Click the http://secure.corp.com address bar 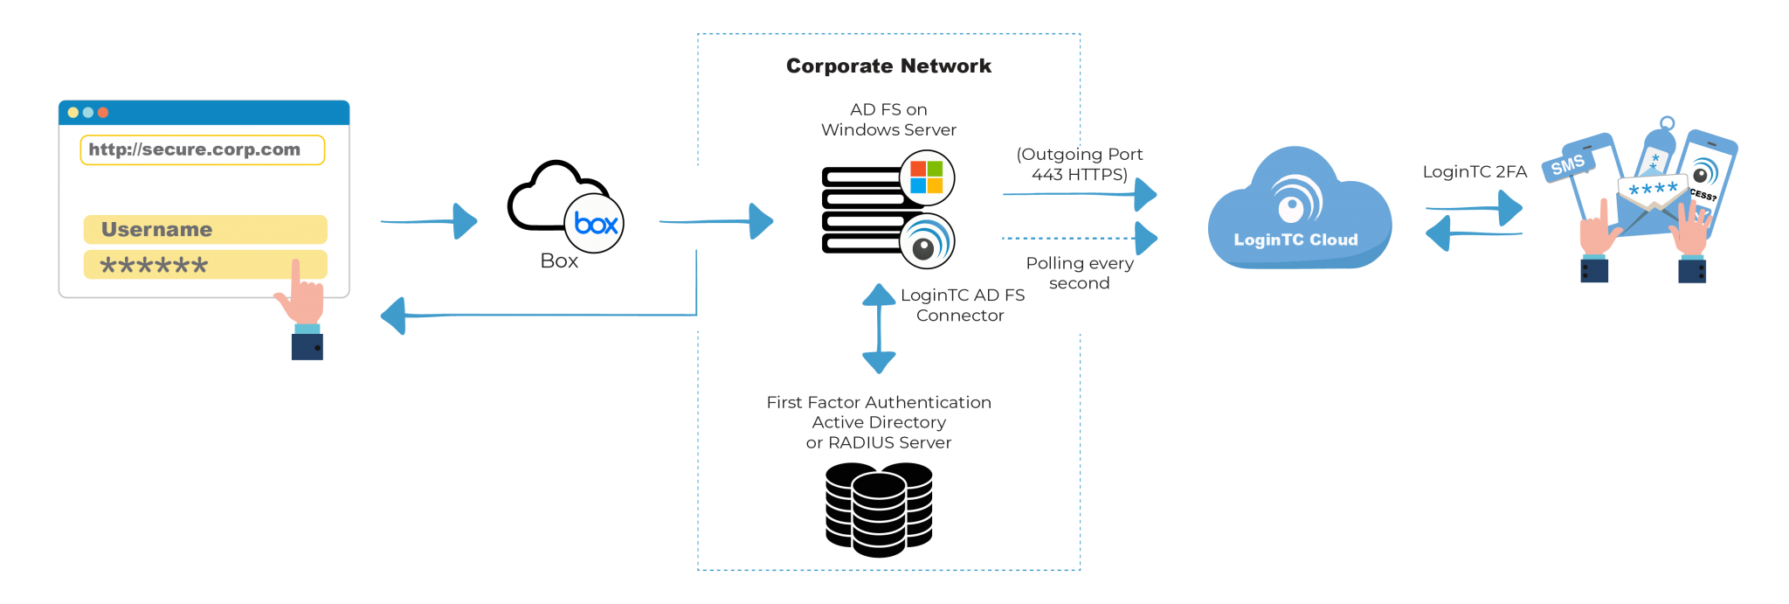tap(202, 149)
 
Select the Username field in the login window tap(205, 229)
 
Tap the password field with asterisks tap(205, 265)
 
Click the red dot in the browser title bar tap(103, 113)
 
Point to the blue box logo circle tap(594, 224)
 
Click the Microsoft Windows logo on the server tap(927, 177)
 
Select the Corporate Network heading tap(888, 66)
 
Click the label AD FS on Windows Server tap(888, 120)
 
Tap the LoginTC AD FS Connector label tap(962, 305)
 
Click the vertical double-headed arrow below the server tap(879, 329)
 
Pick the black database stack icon tap(879, 510)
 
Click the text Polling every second tap(1080, 273)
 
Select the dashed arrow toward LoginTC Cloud tap(1080, 238)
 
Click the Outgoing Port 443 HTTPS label tap(1080, 164)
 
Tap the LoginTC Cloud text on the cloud tap(1295, 240)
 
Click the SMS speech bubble tap(1568, 164)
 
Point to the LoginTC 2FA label tap(1475, 172)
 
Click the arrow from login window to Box tap(429, 221)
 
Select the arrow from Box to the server tap(716, 221)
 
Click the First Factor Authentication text tap(879, 402)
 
